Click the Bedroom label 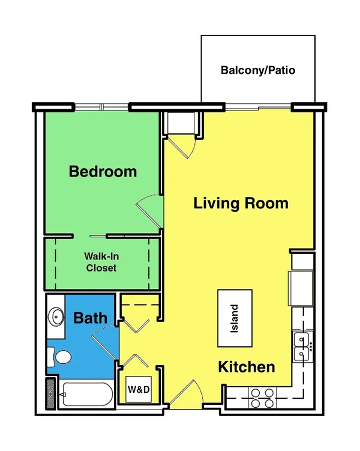pos(103,171)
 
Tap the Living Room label pos(241,203)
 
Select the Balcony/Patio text pos(258,70)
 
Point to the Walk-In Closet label pos(101,262)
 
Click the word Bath pos(90,318)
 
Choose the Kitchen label pos(247,367)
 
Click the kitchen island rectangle pos(235,318)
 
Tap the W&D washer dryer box pos(139,389)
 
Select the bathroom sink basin pos(56,316)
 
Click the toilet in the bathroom pos(60,357)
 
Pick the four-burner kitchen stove pos(262,398)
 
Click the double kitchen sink pos(302,347)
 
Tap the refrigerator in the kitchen pos(301,288)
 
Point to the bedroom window pos(101,107)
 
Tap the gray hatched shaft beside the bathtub pos(50,394)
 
